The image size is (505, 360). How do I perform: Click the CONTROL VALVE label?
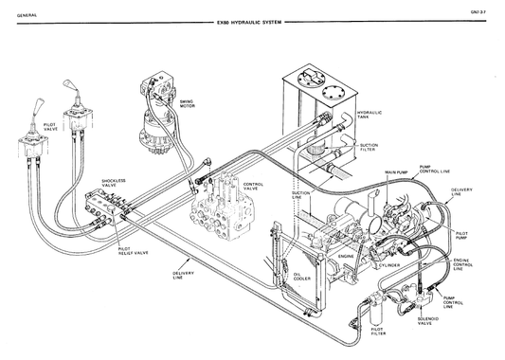[x=254, y=187]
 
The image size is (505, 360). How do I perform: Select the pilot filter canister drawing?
[x=377, y=308]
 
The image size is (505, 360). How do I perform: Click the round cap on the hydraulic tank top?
[x=334, y=94]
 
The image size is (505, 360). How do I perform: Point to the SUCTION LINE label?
[x=300, y=195]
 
